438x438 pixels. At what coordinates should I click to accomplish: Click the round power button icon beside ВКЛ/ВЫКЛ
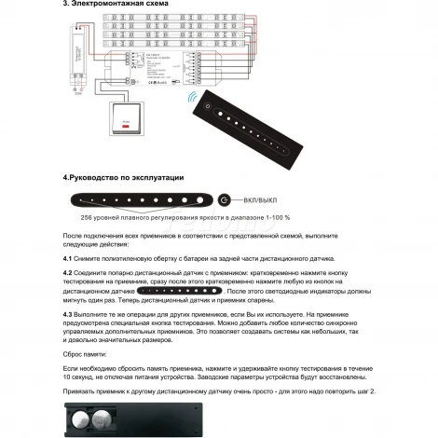[225, 199]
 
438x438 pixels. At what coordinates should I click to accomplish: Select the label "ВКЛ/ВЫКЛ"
[261, 199]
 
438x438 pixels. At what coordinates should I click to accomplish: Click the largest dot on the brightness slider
[197, 199]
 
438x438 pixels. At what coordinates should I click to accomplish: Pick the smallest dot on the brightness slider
[83, 199]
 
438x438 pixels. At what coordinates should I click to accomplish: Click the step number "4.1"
[68, 257]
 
